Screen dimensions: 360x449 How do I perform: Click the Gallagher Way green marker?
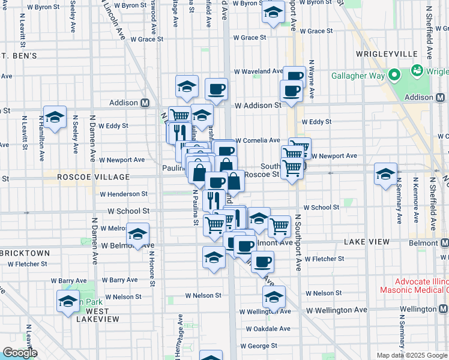click(394, 76)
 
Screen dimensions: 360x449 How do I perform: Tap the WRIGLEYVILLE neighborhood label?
click(386, 54)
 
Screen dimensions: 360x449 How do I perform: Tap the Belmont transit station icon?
click(444, 243)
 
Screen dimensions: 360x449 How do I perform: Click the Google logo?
click(19, 353)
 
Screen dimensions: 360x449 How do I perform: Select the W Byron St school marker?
click(273, 12)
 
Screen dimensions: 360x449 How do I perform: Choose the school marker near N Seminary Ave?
click(385, 174)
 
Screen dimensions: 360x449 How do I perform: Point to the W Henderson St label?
click(123, 194)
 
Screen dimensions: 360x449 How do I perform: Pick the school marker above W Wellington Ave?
click(274, 296)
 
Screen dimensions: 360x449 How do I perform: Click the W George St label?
click(259, 346)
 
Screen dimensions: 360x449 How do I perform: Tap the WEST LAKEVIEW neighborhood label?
click(93, 315)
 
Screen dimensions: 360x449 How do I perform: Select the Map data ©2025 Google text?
click(412, 355)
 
